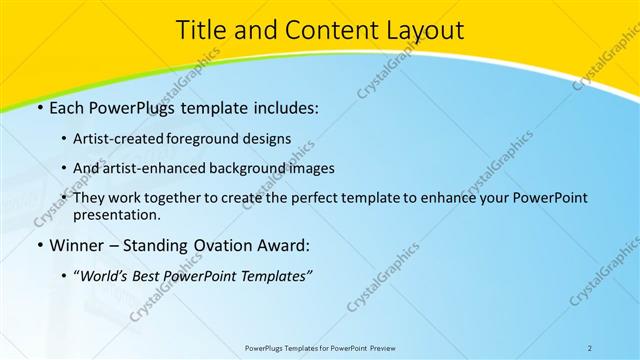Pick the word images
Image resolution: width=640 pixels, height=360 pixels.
click(312, 169)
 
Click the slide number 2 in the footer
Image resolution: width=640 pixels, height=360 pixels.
click(590, 347)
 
